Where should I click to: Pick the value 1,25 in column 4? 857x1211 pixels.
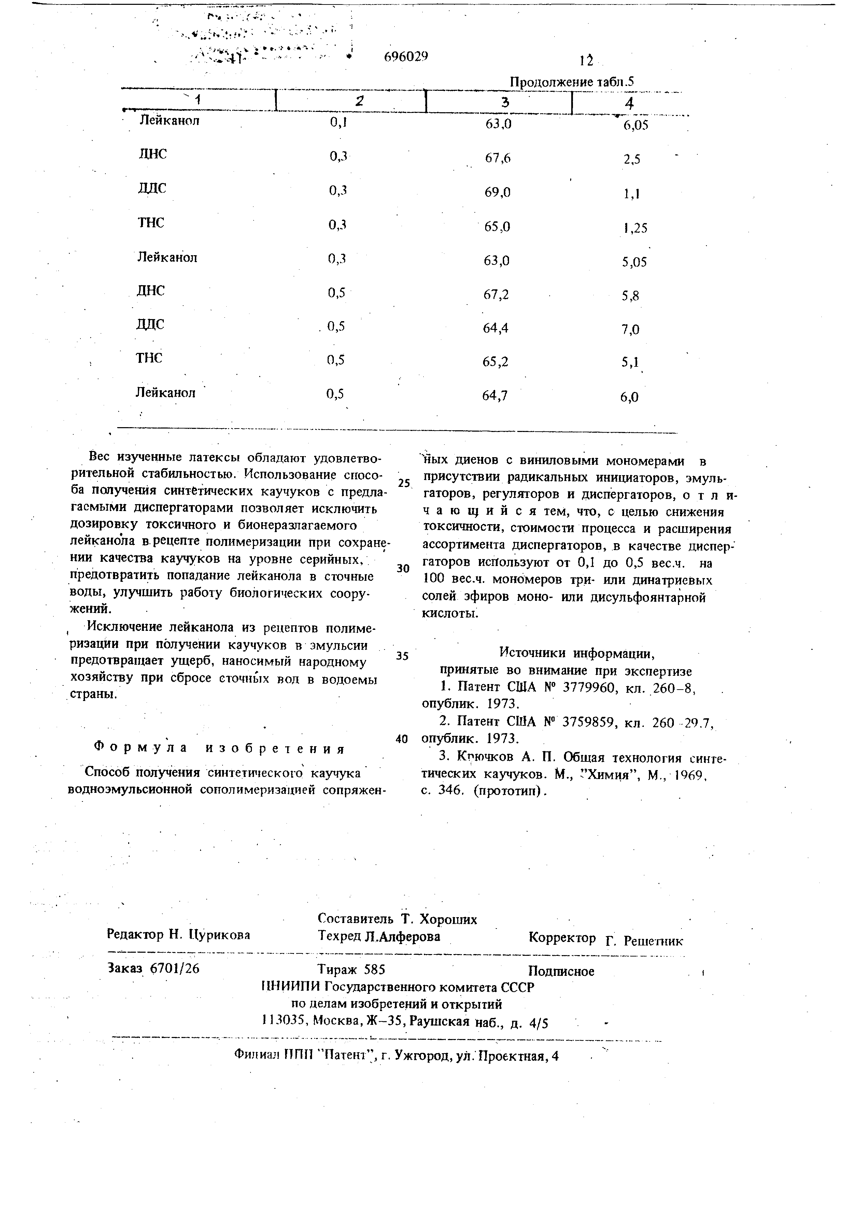coord(634,228)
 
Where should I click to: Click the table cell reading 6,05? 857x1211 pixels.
coord(635,126)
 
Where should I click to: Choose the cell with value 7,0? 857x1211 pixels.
coord(630,330)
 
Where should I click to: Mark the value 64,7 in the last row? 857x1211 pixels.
coord(495,396)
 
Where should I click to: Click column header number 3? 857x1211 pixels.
coord(505,102)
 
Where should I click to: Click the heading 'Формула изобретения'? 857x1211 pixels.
coord(218,749)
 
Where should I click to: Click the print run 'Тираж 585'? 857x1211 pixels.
coord(351,969)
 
